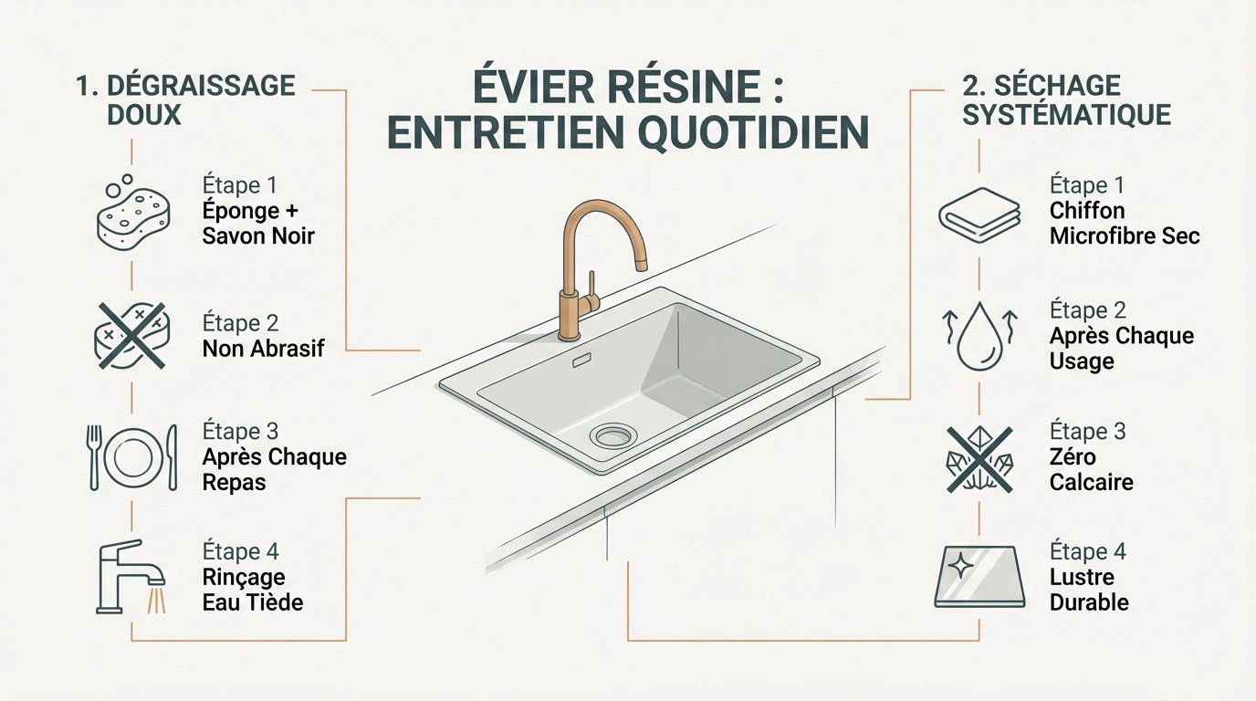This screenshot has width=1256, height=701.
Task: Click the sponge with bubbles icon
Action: [x=133, y=214]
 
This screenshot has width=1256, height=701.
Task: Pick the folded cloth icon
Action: [x=979, y=216]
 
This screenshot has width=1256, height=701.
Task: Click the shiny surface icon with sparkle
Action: [x=979, y=577]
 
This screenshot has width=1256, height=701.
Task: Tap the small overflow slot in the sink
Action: [x=581, y=362]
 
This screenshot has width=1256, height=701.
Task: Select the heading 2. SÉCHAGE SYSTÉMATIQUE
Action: [x=1065, y=99]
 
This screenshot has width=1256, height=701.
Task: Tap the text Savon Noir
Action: [x=258, y=235]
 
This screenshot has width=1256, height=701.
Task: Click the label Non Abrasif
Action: [x=263, y=348]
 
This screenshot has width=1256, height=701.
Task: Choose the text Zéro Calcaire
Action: [x=1091, y=468]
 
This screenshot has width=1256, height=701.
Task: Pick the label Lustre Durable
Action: [x=1088, y=590]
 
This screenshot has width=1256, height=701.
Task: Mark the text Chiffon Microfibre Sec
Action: [x=1124, y=224]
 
